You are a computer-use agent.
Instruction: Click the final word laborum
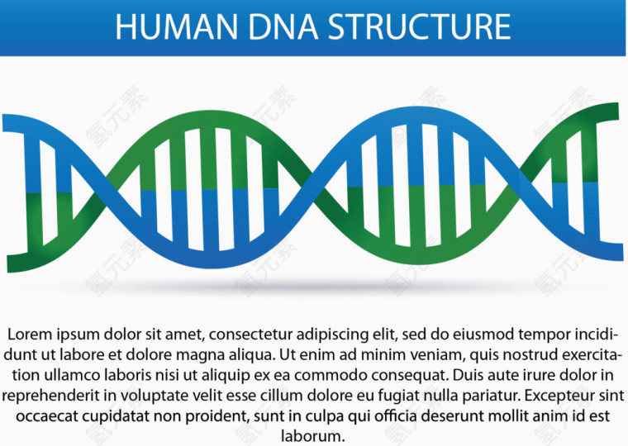314,434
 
